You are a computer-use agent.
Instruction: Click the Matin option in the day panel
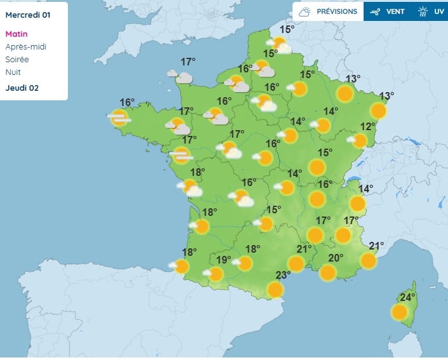(x=16, y=34)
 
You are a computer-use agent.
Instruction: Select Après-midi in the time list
(x=26, y=47)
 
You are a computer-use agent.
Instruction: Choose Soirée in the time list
(x=17, y=60)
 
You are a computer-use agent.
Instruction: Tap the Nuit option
(x=13, y=72)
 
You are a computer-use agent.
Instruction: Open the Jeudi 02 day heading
(x=22, y=88)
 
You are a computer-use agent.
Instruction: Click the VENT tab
(x=388, y=11)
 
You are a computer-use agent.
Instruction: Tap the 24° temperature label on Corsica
(x=407, y=297)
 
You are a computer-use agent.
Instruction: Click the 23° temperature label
(x=283, y=275)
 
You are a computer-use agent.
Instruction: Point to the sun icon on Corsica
(x=399, y=312)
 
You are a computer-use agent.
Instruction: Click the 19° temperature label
(x=223, y=260)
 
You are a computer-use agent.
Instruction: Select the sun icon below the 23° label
(x=275, y=290)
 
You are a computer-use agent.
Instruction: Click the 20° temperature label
(x=336, y=258)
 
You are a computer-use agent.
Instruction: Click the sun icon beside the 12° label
(x=360, y=140)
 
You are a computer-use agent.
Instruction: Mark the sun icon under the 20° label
(x=327, y=272)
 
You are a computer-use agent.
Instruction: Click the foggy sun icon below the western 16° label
(x=119, y=117)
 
